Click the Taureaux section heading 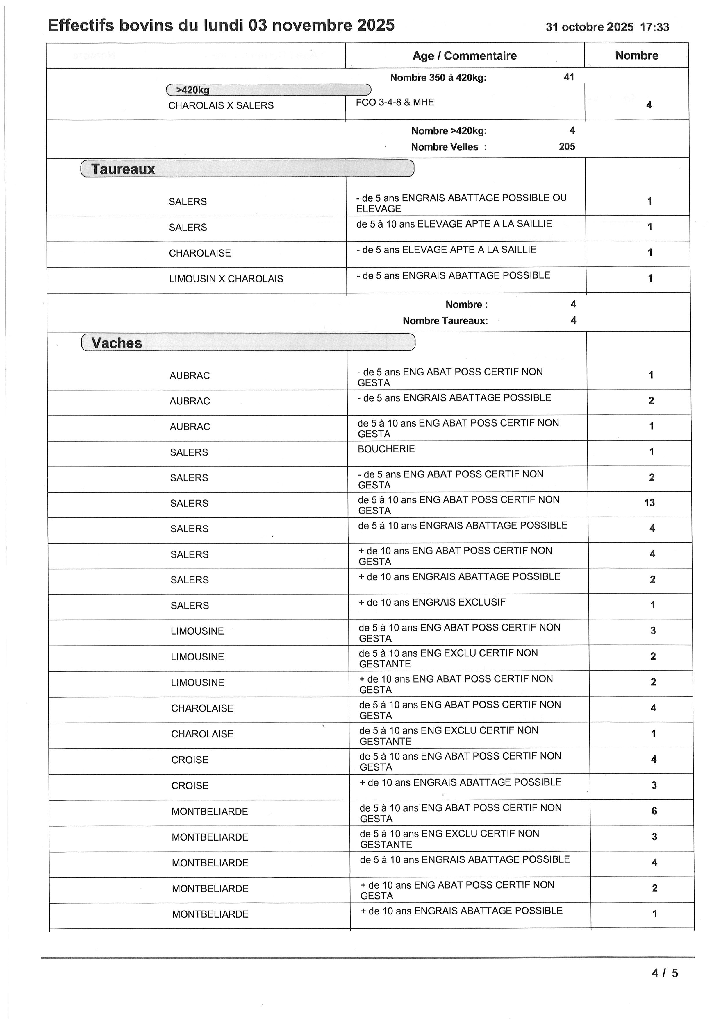pyautogui.click(x=123, y=169)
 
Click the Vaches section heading pyautogui.click(x=117, y=343)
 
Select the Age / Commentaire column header pyautogui.click(x=464, y=56)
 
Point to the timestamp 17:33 pyautogui.click(x=654, y=27)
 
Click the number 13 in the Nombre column pyautogui.click(x=649, y=503)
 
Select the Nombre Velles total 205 pyautogui.click(x=567, y=146)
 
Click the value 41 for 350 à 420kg pyautogui.click(x=569, y=77)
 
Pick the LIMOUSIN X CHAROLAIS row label pyautogui.click(x=226, y=279)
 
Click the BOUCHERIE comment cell pyautogui.click(x=386, y=449)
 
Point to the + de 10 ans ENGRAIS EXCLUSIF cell pyautogui.click(x=432, y=602)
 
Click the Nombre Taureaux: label pyautogui.click(x=445, y=321)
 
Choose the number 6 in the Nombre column pyautogui.click(x=654, y=811)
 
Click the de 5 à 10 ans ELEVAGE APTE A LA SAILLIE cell pyautogui.click(x=454, y=224)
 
